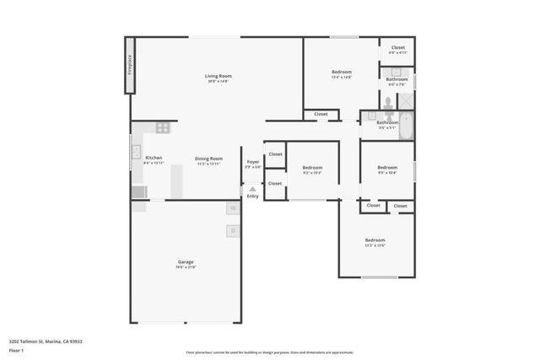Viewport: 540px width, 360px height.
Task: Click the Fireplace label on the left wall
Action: coord(130,64)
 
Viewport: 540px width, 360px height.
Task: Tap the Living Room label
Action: coord(217,78)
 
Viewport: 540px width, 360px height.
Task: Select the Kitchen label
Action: coord(154,159)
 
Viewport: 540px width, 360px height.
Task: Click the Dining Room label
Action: coord(208,159)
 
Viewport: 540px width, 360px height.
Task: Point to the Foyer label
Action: coord(252,163)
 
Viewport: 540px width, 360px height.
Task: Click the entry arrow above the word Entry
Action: coord(252,189)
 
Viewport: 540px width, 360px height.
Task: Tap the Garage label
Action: coord(185,263)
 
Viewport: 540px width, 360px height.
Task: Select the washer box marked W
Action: coord(232,207)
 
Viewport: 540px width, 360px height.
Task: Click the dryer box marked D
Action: coord(232,230)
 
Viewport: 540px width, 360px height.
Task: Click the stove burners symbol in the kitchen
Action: coord(163,128)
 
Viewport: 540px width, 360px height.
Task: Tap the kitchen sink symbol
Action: coord(135,153)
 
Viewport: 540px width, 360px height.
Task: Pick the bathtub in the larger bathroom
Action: coord(406,126)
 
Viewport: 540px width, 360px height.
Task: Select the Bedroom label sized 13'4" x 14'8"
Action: coord(341,73)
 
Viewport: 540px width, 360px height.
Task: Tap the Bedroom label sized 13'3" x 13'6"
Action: coord(375,241)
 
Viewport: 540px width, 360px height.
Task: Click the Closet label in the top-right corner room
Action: coord(397,49)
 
